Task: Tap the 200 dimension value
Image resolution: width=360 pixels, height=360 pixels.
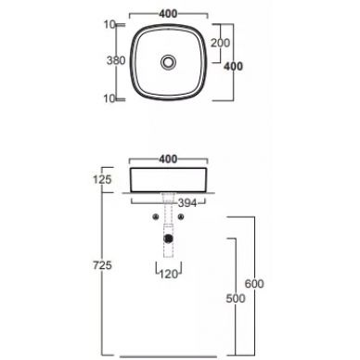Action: click(x=221, y=44)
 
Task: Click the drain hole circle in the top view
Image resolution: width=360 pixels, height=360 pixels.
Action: click(x=168, y=61)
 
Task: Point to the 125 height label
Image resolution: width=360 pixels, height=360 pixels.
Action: click(x=103, y=178)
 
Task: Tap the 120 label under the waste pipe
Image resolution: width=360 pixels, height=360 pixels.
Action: click(x=168, y=276)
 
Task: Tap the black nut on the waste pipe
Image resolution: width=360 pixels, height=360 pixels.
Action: click(x=168, y=238)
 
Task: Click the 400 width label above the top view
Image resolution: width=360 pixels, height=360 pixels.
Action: click(x=168, y=14)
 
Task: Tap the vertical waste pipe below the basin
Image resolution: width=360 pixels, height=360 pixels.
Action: click(x=168, y=218)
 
